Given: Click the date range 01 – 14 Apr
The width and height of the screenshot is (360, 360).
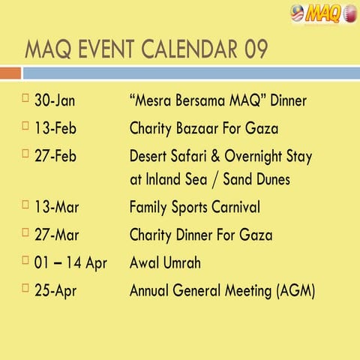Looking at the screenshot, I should pos(70,262).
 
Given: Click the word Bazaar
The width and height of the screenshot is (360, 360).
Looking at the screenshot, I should pos(205,128).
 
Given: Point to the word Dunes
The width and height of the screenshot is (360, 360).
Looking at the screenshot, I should pos(268,179).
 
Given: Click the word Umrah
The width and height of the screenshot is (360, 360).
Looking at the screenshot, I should pos(186,262).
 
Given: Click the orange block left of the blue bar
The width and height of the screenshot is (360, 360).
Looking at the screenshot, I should pos(10,73).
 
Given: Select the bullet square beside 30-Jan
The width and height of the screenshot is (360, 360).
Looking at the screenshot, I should pos(25,97).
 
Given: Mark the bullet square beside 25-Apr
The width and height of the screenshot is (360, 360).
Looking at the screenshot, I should pos(25,286).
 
